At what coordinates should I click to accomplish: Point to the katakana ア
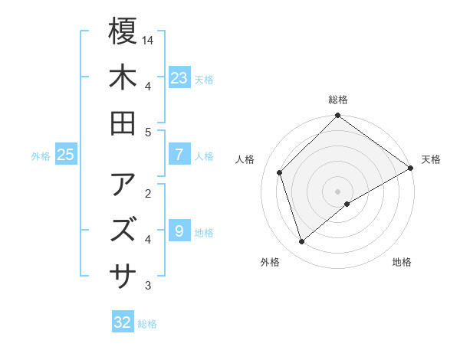pos(123,184)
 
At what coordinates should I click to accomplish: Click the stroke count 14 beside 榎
pos(149,39)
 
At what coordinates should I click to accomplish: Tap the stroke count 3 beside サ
pos(147,286)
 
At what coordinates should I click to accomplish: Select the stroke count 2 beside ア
pos(147,192)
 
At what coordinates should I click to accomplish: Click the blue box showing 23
pos(179,77)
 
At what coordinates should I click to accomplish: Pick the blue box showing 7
pos(179,155)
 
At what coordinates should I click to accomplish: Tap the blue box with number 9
pos(179,231)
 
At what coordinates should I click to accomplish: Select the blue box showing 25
pos(66,155)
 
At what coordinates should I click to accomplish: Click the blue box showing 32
pos(123,322)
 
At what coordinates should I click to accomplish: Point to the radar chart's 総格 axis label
pos(338,100)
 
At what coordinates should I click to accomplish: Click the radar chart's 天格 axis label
pos(431,159)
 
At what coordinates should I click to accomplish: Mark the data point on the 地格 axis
pos(347,204)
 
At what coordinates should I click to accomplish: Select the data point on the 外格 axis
pos(302,242)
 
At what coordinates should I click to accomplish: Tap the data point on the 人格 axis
pos(280,172)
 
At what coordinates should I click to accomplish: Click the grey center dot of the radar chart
pos(338,191)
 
